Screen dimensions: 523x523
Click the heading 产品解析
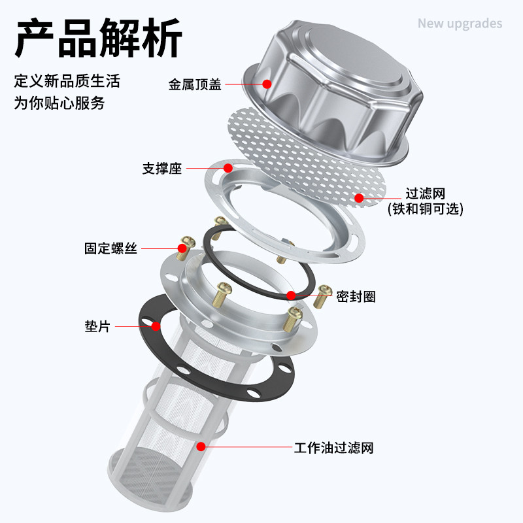(97, 38)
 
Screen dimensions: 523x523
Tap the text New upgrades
(460, 24)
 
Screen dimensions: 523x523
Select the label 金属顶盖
(195, 84)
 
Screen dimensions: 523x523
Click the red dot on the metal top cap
(267, 84)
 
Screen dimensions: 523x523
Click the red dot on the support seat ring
(228, 169)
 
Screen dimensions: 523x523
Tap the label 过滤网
(425, 194)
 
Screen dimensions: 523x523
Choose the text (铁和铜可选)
(425, 209)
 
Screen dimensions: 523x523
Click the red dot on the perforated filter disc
(358, 197)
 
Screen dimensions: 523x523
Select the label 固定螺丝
(110, 248)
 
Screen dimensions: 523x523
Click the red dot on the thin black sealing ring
(290, 295)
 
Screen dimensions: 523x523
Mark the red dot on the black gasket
(156, 326)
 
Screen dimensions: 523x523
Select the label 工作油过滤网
(333, 448)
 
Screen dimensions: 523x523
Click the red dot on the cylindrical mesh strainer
(201, 447)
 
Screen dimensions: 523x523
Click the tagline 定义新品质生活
(67, 82)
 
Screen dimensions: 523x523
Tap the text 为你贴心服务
(59, 103)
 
